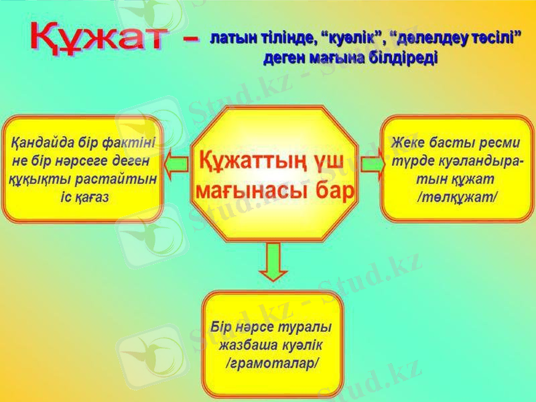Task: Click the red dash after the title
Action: coord(191,42)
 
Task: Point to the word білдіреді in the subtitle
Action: coord(407,58)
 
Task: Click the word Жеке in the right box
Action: coord(407,143)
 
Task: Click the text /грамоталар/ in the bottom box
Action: coord(271,362)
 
